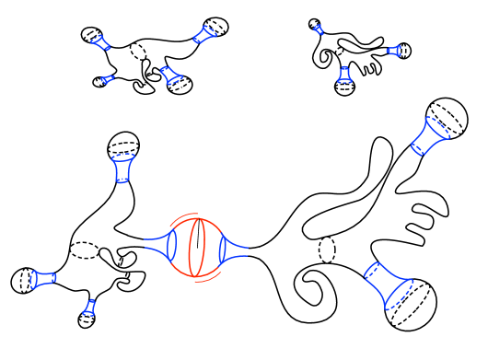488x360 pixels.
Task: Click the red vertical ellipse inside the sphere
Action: coord(196,248)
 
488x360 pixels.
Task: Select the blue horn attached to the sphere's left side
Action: coord(163,245)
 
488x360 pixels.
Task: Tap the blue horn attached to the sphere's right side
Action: coord(230,249)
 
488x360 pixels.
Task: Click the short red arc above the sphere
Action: coord(183,216)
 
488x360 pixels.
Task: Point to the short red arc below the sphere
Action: coord(206,279)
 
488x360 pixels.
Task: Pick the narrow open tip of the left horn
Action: coord(145,245)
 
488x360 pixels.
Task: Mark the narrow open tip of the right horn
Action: coord(247,248)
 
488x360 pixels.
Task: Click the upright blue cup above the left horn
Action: coord(122,168)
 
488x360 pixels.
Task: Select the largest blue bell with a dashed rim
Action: coord(388,284)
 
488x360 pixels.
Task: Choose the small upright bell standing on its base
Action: coord(344,75)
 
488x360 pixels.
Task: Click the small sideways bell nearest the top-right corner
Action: coord(394,51)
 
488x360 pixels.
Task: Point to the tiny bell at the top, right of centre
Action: coord(319,29)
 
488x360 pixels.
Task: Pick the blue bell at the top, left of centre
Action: coord(203,35)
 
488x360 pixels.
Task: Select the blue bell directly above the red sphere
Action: coord(170,75)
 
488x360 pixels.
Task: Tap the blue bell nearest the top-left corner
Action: coord(100,42)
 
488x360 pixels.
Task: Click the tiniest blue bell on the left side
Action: coord(108,79)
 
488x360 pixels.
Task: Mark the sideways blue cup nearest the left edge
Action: coord(42,279)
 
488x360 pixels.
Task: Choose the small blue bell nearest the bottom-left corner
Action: coord(89,308)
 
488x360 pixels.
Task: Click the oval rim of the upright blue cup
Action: coord(123,157)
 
